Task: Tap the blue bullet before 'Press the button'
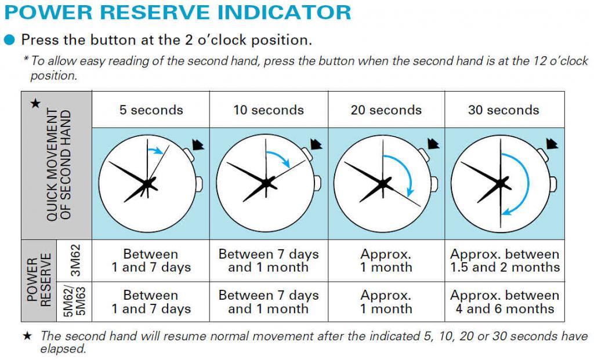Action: point(9,40)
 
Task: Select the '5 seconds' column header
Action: point(151,110)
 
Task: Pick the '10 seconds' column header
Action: point(269,110)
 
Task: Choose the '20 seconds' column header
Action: point(386,110)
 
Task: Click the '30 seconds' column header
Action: point(504,110)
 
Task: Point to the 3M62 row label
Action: point(75,260)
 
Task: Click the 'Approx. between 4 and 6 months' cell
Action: point(505,301)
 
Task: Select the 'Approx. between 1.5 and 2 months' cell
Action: point(505,260)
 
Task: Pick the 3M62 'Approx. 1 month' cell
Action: point(386,260)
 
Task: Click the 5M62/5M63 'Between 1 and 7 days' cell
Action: point(151,301)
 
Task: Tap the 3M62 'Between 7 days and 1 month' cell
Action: point(269,260)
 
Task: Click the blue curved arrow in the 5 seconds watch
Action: point(155,150)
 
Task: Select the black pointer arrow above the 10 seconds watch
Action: point(316,144)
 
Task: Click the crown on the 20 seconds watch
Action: point(434,184)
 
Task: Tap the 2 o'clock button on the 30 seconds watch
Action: point(543,154)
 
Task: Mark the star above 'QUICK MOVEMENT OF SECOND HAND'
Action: point(35,103)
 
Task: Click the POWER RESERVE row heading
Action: point(39,280)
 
